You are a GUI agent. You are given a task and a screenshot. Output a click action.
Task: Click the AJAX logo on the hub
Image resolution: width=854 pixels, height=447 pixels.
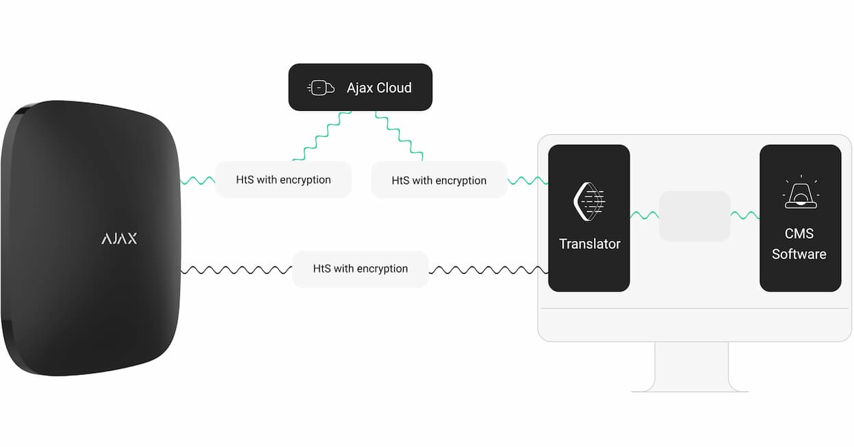coord(119,238)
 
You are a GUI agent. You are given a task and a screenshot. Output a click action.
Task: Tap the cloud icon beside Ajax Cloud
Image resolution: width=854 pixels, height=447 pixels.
coord(321,88)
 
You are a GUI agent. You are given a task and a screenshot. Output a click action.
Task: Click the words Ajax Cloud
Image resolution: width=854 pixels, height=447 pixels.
coord(379,88)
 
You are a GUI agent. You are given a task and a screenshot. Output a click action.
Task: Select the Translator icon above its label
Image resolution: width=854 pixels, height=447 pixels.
coord(589,202)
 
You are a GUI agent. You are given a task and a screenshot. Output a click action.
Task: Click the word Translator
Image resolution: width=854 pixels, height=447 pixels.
coord(589,244)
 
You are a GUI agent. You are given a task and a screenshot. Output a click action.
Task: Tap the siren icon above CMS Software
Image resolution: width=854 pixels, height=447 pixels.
coord(801,192)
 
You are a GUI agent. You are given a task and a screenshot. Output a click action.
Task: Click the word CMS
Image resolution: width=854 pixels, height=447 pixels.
coord(799,233)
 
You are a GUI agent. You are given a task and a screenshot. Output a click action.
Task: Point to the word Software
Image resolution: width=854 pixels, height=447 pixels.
coord(799,254)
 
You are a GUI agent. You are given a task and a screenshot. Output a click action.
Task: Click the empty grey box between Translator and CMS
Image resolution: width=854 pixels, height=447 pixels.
coord(695,216)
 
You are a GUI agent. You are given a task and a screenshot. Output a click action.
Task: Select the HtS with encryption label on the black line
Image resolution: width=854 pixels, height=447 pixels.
coord(360,269)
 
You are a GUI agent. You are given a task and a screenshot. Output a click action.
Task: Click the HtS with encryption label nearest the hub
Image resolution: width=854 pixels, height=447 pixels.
coord(283,179)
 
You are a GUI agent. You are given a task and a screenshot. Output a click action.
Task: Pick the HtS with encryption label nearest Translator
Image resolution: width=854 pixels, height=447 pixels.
coord(439,180)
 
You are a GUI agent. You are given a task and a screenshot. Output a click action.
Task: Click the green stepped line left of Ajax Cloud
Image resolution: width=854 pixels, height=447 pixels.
coord(322,136)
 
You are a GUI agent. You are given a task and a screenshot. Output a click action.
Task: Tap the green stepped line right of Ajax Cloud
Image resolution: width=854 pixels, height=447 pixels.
coord(399,136)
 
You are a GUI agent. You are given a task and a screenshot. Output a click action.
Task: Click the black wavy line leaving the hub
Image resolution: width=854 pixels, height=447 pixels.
coord(236,270)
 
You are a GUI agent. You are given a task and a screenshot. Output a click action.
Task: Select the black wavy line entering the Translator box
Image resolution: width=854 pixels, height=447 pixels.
coord(489,270)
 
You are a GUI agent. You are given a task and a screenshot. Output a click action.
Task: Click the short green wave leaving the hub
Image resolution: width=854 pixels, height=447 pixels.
coord(198,181)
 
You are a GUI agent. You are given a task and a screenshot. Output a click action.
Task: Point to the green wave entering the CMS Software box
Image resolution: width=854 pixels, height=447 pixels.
coord(745,215)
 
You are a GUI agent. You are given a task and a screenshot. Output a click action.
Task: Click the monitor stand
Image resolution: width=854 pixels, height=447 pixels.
coord(690,367)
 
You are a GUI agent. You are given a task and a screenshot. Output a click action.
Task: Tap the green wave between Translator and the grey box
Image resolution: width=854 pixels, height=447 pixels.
coord(645,215)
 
